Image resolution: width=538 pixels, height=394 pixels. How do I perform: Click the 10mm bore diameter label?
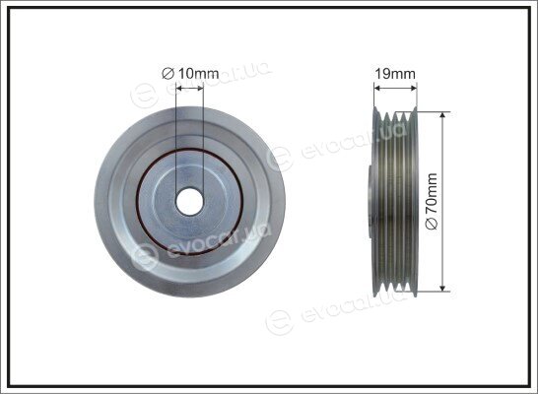(x=190, y=73)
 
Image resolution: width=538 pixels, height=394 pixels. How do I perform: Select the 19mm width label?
(x=395, y=74)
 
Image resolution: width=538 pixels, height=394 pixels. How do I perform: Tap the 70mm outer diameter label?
(x=432, y=201)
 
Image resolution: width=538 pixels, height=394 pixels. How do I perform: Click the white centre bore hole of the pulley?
(x=189, y=202)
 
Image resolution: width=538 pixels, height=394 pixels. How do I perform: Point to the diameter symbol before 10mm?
(x=168, y=74)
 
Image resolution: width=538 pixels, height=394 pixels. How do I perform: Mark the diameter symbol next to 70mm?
(x=432, y=224)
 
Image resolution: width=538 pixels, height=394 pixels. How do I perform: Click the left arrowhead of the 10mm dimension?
(x=178, y=89)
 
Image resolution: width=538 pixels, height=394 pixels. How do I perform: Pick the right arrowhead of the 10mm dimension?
(x=200, y=89)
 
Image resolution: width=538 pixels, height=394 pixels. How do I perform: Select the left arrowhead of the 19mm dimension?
(x=377, y=89)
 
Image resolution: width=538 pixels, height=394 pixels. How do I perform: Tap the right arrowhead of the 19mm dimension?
(x=413, y=89)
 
